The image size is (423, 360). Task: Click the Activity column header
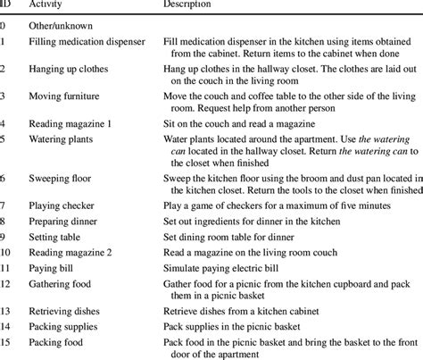coord(48,4)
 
